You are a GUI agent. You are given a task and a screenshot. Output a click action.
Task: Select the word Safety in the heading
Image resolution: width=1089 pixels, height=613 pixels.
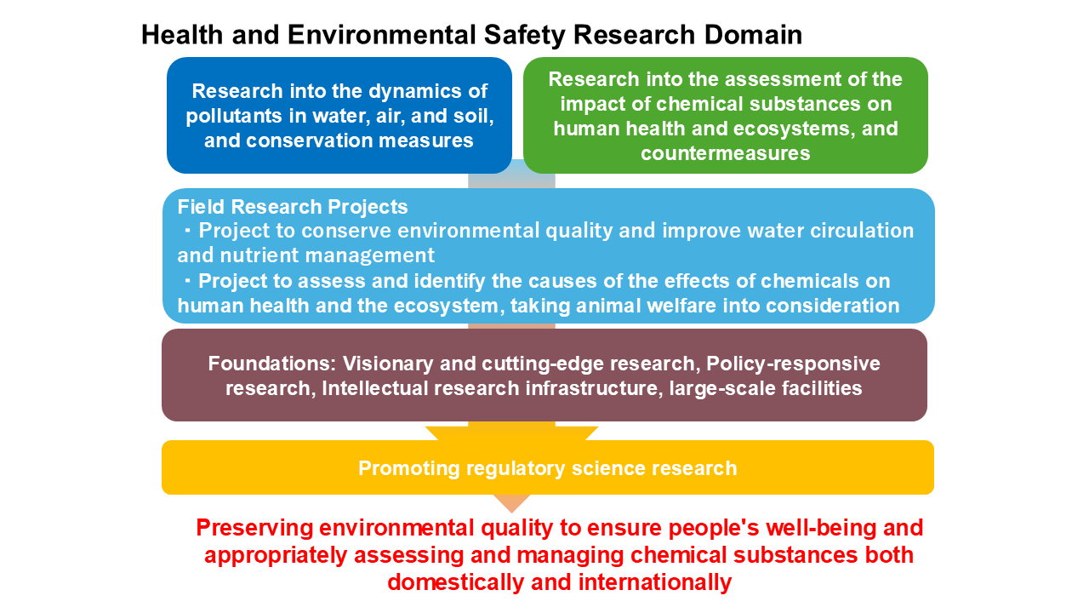515,35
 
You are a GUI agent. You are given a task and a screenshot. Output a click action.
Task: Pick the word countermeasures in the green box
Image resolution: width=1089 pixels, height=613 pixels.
725,153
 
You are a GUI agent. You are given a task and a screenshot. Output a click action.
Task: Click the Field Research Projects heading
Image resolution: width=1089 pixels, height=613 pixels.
293,207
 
